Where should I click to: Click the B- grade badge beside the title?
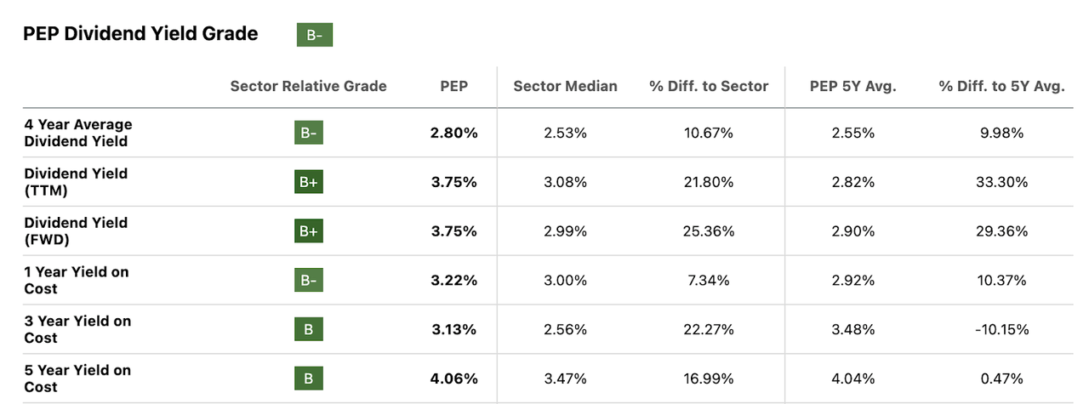[x=314, y=35]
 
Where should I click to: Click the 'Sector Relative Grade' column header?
[x=308, y=86]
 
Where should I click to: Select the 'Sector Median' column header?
[x=565, y=86]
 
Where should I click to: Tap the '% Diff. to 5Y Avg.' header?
[x=1001, y=86]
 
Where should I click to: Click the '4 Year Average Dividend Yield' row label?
[x=78, y=133]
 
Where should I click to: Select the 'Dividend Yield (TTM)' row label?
[x=76, y=182]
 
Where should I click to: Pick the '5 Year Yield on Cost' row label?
[x=77, y=378]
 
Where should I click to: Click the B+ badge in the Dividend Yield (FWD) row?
[x=309, y=231]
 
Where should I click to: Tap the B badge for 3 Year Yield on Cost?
[x=309, y=330]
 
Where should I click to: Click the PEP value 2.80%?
[x=453, y=133]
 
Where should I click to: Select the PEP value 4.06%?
[x=453, y=378]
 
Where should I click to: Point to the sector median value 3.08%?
[x=565, y=182]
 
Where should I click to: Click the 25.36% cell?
[x=708, y=231]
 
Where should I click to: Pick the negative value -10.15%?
[x=1001, y=329]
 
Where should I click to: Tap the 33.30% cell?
[x=1001, y=182]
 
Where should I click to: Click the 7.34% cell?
[x=708, y=281]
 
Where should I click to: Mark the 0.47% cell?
[x=1001, y=378]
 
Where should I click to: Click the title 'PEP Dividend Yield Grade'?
[x=140, y=34]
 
